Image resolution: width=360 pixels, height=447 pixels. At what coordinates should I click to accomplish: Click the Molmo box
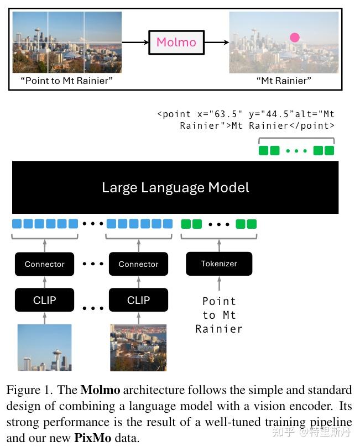point(176,43)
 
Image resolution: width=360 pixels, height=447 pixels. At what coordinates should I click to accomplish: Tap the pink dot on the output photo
point(295,38)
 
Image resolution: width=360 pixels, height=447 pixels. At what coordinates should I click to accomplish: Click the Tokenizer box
point(219,264)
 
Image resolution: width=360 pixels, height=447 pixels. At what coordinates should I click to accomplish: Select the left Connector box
point(44,264)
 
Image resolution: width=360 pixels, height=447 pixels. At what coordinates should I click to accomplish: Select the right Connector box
point(138,264)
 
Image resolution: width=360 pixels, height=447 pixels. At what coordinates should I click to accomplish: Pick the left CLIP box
point(44,300)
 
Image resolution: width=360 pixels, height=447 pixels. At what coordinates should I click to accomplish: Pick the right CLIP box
point(138,300)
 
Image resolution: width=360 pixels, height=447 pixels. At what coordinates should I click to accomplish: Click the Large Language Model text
point(175,187)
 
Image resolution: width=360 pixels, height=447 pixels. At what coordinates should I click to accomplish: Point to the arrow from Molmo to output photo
point(217,43)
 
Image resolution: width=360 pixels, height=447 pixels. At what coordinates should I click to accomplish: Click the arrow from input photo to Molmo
point(135,43)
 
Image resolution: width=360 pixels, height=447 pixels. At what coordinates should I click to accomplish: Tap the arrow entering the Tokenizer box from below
point(219,283)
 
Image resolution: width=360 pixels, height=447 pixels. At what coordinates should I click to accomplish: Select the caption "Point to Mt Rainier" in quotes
point(66,81)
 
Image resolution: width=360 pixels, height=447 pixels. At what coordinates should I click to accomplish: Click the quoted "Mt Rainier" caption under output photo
point(284,81)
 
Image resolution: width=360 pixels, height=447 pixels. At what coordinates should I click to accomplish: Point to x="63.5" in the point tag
point(220,114)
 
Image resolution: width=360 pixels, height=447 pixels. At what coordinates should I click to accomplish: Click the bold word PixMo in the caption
point(93,438)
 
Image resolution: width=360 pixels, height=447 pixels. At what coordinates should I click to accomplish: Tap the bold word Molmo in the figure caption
point(101,390)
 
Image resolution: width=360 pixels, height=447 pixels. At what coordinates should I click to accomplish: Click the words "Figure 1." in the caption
point(30,390)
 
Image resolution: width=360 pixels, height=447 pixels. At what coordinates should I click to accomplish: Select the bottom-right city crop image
point(138,348)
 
